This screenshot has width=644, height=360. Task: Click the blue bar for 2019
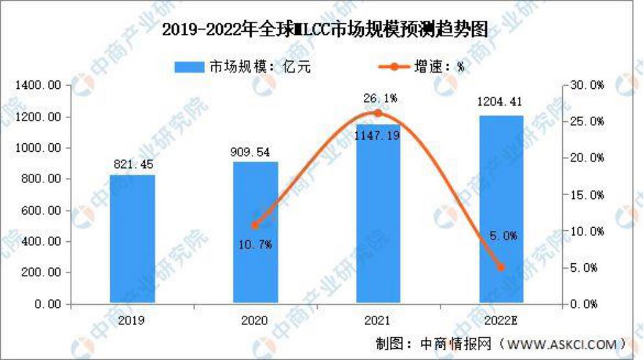(x=132, y=239)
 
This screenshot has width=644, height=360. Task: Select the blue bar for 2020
(x=255, y=233)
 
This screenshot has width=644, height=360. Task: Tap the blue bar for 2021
(x=378, y=214)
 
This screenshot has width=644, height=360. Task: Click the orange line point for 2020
(x=255, y=225)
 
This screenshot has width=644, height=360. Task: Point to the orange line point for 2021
(x=378, y=113)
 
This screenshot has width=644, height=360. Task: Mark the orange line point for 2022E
(x=501, y=267)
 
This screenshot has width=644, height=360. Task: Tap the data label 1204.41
(x=501, y=102)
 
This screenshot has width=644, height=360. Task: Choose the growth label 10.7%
(x=255, y=244)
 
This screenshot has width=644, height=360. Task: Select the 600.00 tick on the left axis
(x=43, y=210)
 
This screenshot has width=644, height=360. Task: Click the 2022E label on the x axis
(x=501, y=320)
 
